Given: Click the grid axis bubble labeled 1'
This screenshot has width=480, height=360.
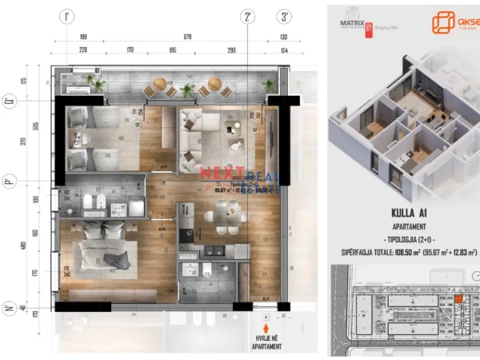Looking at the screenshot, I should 66,16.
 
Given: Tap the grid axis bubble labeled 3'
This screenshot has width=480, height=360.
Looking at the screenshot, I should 284,16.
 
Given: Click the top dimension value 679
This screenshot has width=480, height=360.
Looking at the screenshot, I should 187,37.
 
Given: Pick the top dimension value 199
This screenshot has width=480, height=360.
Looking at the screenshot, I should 82,37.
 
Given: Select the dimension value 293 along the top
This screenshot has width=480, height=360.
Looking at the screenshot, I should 230,50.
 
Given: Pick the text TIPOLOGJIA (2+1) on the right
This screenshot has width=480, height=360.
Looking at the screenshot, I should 407,239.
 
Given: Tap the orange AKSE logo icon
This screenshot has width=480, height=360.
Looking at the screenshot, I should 443,22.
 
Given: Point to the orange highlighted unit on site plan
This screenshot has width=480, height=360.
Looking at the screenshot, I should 458,299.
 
